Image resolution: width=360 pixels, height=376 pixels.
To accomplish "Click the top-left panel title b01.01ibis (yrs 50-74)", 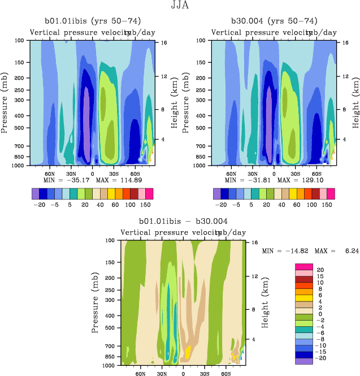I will click(91, 21).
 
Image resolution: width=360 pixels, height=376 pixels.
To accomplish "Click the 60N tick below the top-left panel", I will click(50, 174).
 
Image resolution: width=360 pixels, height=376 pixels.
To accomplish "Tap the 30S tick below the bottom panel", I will click(204, 374).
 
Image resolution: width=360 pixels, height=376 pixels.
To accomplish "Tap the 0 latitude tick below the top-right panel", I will click(274, 174).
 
